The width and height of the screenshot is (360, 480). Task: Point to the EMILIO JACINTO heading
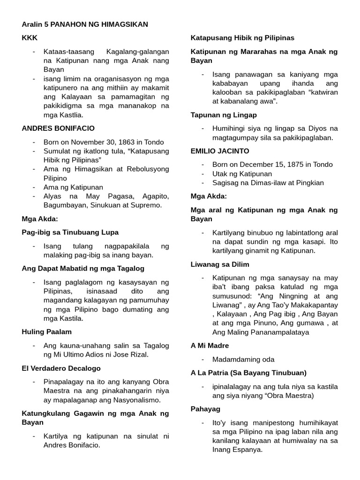tap(220, 151)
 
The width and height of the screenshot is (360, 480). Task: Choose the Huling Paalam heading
tap(46, 331)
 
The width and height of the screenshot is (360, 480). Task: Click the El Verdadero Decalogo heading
tap(61, 368)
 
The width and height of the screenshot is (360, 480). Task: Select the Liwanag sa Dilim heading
tap(220, 264)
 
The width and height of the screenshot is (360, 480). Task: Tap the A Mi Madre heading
tap(210, 345)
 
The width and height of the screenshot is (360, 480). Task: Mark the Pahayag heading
tap(206, 409)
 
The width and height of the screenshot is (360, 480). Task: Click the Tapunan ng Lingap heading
tap(224, 114)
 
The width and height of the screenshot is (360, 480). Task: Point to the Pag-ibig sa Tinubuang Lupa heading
tap(70, 232)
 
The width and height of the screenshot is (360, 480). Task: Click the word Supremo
tap(145, 205)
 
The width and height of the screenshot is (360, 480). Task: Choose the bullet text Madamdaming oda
tap(243, 360)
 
